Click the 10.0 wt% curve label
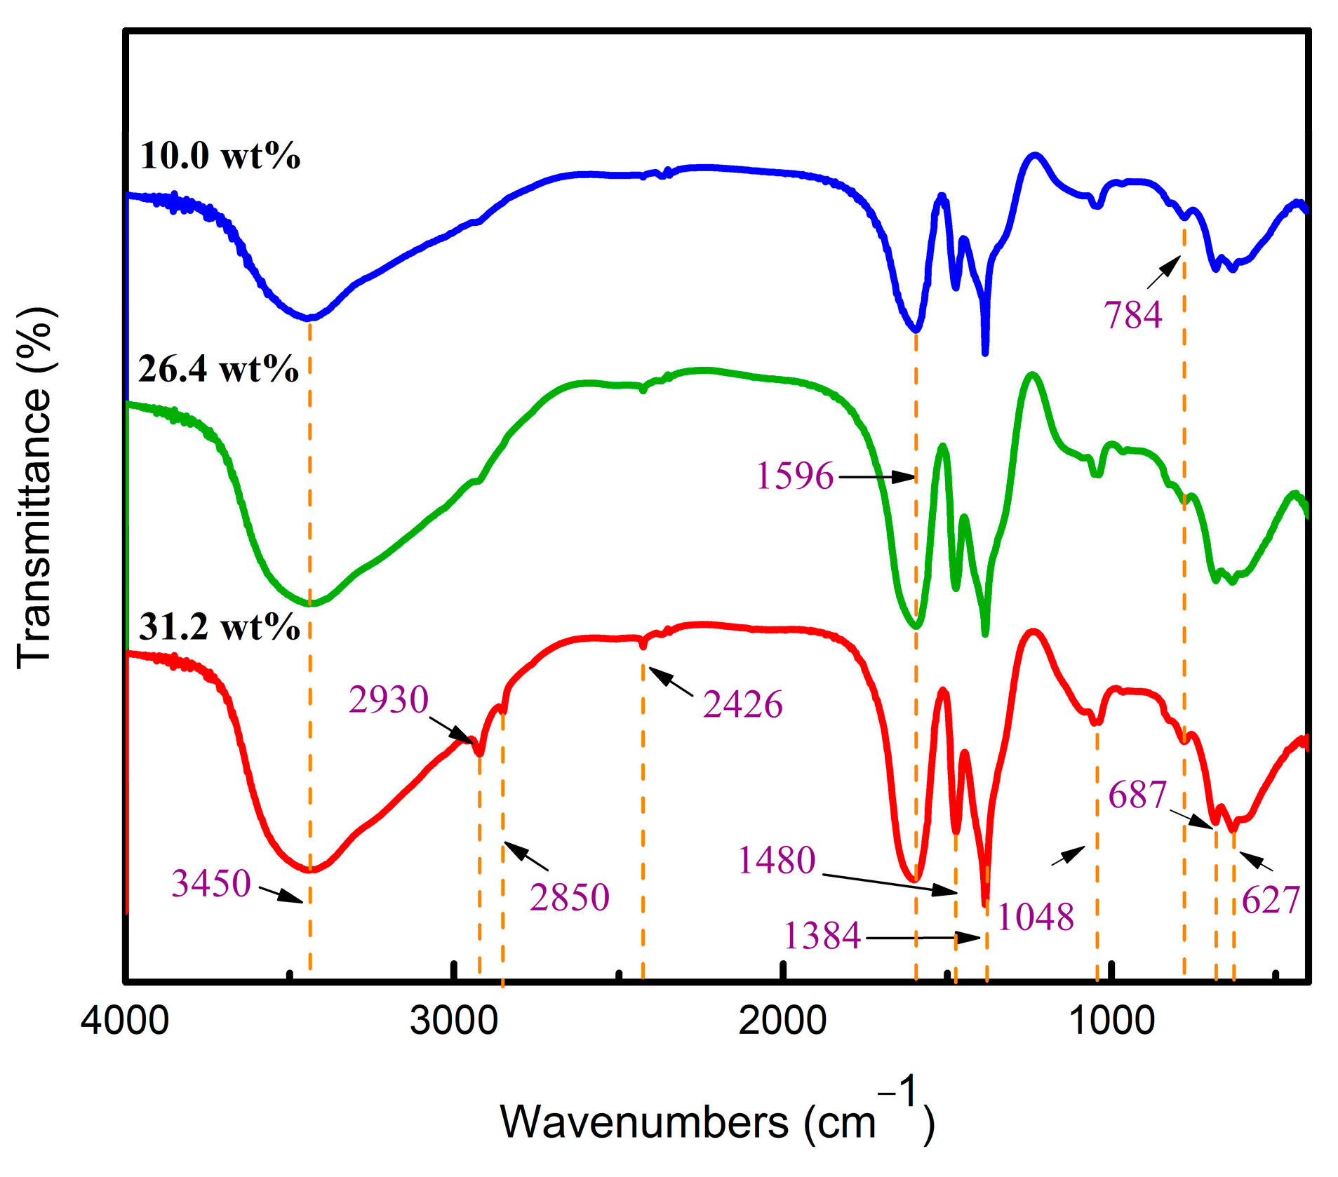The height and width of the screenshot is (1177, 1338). (220, 156)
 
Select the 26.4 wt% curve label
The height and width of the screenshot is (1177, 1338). (218, 369)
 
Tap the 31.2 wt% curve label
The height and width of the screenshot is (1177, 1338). (219, 626)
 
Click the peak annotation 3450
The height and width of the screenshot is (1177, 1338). (211, 883)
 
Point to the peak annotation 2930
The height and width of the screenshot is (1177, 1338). (388, 700)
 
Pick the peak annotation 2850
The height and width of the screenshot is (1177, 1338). (569, 897)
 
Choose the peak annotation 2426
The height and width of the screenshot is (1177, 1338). (742, 704)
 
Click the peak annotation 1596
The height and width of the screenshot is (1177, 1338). (794, 476)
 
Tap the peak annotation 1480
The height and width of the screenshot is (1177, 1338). (776, 860)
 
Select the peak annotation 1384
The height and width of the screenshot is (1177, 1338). (822, 936)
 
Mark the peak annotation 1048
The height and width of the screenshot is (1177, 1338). (1035, 917)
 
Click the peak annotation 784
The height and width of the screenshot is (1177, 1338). (1132, 315)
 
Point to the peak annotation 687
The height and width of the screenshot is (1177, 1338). (1137, 795)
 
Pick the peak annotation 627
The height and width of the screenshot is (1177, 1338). (1271, 900)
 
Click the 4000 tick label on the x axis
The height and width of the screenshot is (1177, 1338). (125, 1021)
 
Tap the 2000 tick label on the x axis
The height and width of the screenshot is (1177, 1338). (782, 1021)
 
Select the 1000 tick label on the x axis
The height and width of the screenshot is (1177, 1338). (1111, 1021)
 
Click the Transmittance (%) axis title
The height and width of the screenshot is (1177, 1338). (35, 487)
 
